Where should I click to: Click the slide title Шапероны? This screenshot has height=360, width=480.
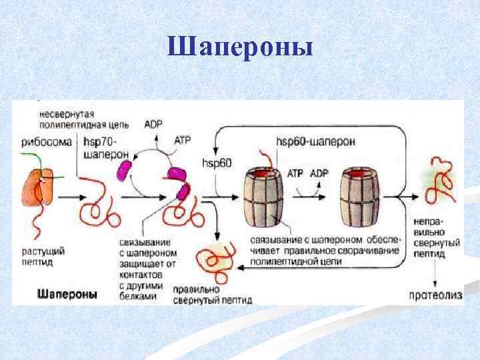point(240,47)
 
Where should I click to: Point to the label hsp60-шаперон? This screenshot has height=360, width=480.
point(315,141)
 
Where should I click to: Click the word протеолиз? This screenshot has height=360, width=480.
point(434,295)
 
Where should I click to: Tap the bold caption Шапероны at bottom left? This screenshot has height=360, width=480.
point(67,293)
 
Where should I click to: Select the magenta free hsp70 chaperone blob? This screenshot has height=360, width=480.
point(125,171)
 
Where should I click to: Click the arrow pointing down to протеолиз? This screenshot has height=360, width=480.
point(434,277)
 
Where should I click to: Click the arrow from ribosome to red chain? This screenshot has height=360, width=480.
point(71,197)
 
